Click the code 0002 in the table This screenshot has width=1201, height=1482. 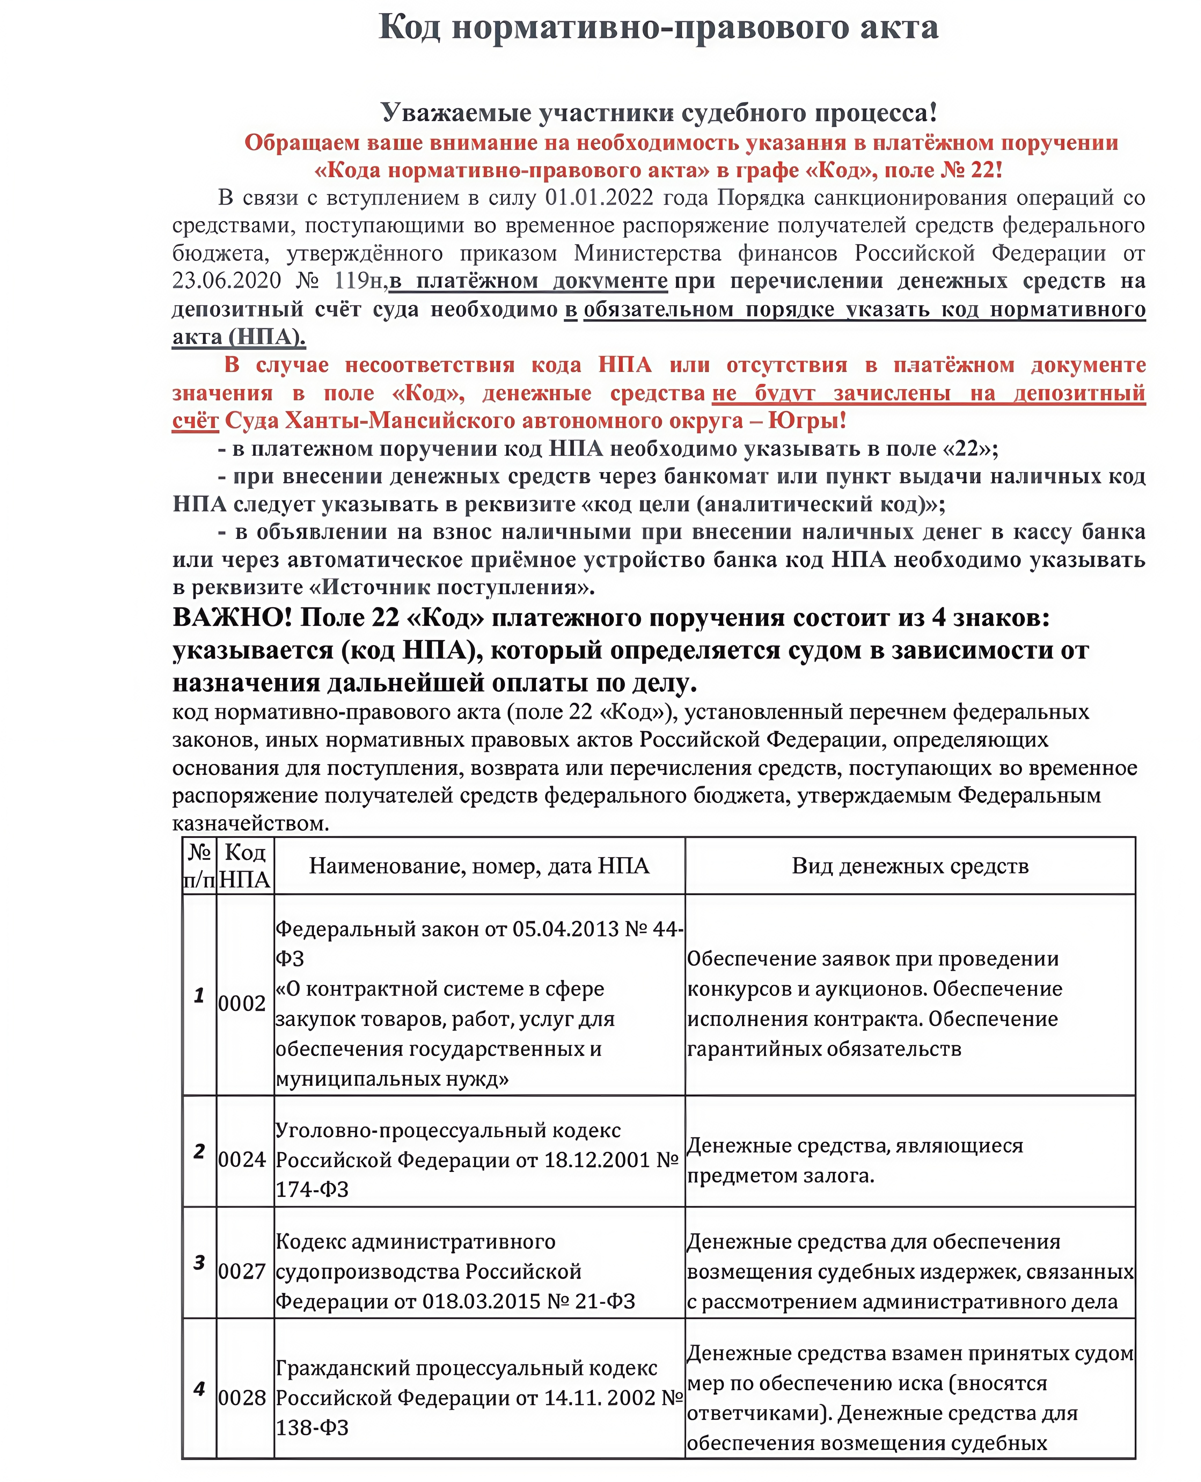[241, 1004]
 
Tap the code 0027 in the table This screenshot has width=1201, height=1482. [241, 1271]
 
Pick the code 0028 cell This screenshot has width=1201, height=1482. [241, 1398]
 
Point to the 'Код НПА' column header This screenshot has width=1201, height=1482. [245, 866]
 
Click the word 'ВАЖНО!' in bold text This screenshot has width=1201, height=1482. [232, 618]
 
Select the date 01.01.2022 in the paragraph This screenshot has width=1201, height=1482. [599, 198]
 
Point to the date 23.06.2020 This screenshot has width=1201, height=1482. [227, 281]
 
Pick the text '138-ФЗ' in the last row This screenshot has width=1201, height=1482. [312, 1427]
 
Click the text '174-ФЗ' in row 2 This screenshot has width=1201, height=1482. [312, 1189]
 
